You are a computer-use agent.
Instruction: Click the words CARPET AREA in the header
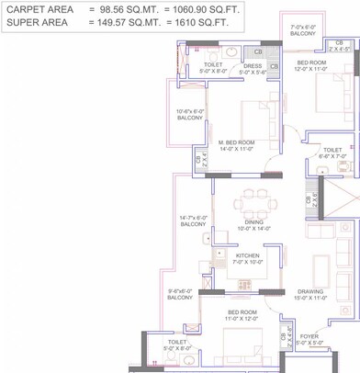pyautogui.click(x=38, y=8)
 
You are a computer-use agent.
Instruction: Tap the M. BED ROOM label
pyautogui.click(x=236, y=142)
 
